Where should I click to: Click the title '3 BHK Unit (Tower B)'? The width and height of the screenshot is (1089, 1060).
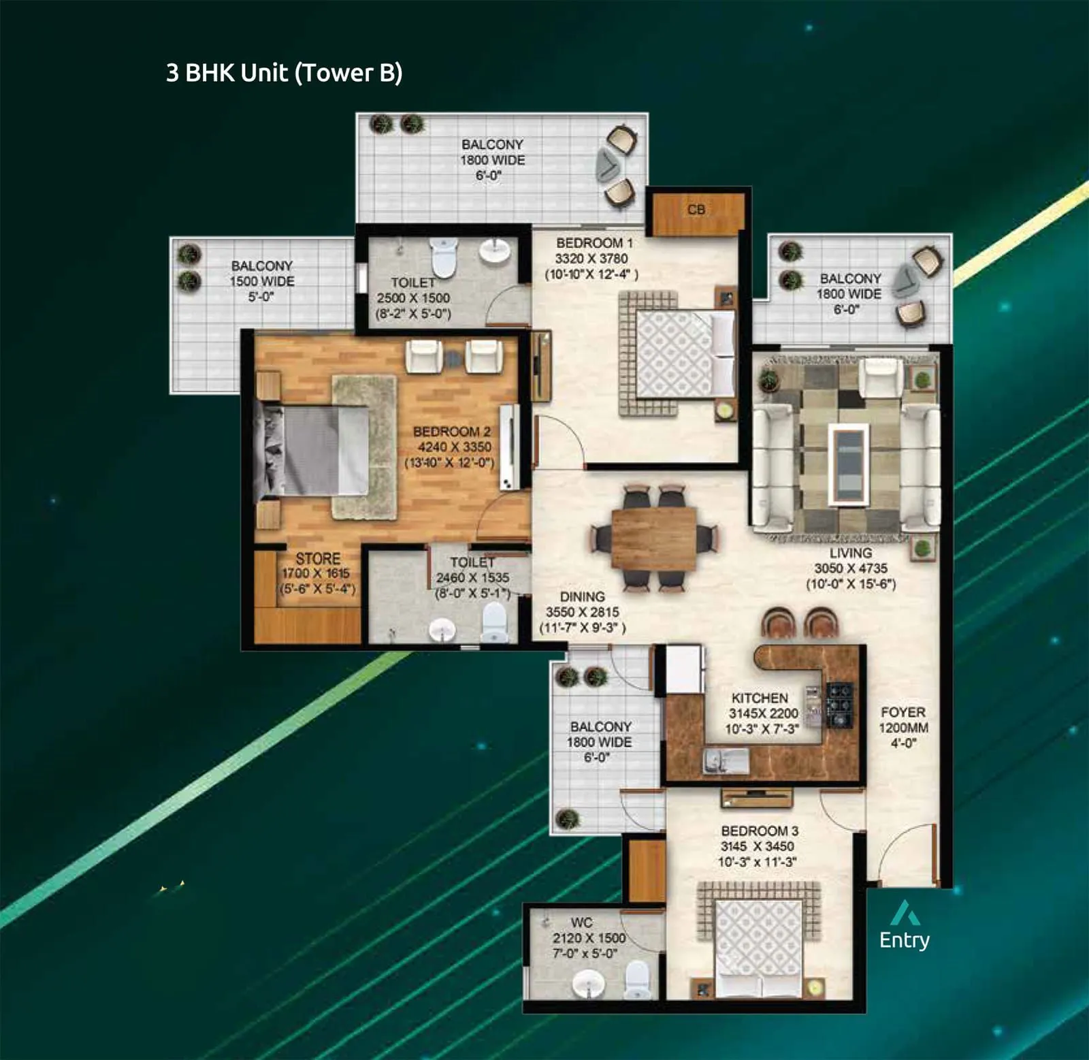(x=284, y=73)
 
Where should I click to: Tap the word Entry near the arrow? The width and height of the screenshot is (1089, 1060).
(x=904, y=940)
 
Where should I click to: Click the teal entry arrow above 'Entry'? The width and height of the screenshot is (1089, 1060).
(x=905, y=913)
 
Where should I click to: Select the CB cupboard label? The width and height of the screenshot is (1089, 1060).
(x=696, y=210)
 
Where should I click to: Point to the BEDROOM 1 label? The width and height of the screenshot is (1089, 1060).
(x=594, y=243)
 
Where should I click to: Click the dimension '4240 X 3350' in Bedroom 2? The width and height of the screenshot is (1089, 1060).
(x=454, y=447)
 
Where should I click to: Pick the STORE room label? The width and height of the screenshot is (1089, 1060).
(x=317, y=558)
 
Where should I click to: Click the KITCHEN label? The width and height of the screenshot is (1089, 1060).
(x=760, y=698)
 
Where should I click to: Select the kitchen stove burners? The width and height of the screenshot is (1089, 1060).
(x=839, y=704)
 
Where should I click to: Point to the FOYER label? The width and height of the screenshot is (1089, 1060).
(x=903, y=712)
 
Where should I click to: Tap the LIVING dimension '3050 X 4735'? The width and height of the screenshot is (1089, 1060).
(x=850, y=568)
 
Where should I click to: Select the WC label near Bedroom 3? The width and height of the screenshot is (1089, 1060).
(x=581, y=922)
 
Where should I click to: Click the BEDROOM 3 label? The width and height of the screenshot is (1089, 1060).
(x=760, y=831)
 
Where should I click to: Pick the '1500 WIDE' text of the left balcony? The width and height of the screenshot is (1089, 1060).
(x=262, y=281)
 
